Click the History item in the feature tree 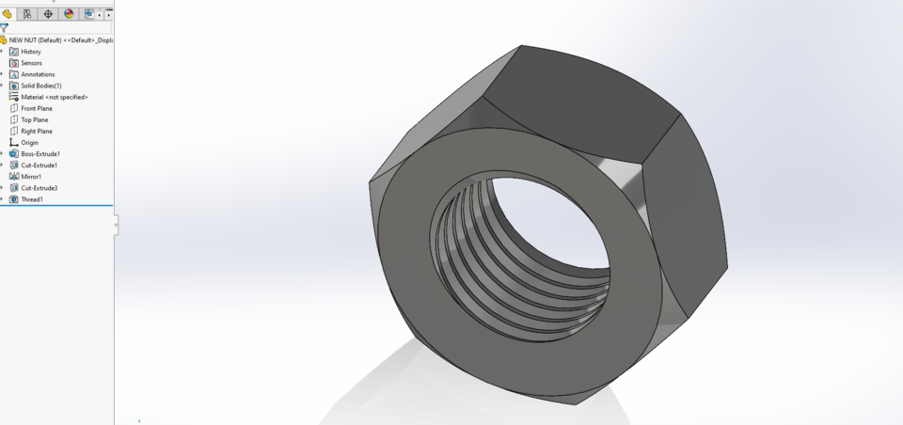point(31,52)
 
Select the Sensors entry point(31,63)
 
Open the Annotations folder point(38,74)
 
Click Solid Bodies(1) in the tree point(40,86)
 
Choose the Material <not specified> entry point(54,97)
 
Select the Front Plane point(37,108)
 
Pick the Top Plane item point(34,119)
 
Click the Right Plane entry point(37,131)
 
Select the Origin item point(29,143)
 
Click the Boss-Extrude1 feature point(40,154)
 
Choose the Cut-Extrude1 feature point(39,165)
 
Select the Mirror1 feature point(31,177)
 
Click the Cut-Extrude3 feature point(39,188)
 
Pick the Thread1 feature point(32,199)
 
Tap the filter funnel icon point(5,28)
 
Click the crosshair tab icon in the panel point(48,14)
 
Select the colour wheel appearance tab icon point(69,14)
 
